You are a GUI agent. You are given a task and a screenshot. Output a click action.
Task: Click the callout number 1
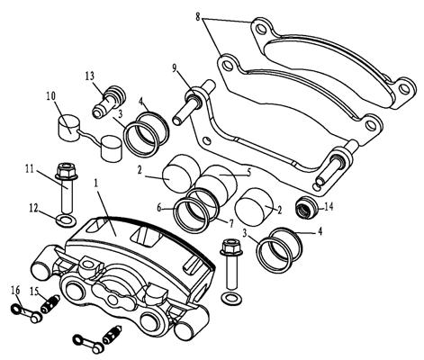tap(96, 184)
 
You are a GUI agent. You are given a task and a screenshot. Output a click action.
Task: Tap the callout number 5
tap(248, 172)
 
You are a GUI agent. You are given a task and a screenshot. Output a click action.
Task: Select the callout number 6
tap(160, 207)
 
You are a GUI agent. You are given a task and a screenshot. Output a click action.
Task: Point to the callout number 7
tap(231, 223)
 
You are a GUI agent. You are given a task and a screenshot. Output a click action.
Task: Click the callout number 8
tap(198, 16)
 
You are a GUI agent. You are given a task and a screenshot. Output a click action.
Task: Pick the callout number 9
tap(175, 68)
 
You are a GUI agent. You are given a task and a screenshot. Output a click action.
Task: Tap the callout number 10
tap(51, 96)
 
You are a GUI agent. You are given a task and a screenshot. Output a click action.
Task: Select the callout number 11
tap(30, 168)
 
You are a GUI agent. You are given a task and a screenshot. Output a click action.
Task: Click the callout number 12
tap(34, 208)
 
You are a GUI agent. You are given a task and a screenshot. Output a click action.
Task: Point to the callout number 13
tap(89, 75)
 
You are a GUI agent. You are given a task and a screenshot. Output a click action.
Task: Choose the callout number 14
tap(329, 207)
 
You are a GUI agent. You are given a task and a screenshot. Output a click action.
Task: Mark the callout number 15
tap(34, 291)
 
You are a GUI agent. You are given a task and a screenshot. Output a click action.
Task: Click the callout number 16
tap(15, 290)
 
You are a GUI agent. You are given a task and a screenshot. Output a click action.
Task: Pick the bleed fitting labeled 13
tap(109, 102)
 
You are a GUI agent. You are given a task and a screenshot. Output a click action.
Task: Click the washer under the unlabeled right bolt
tap(231, 298)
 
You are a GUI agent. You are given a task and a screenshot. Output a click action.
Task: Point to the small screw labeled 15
tap(50, 304)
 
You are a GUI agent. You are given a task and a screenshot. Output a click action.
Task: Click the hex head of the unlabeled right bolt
tap(230, 247)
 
